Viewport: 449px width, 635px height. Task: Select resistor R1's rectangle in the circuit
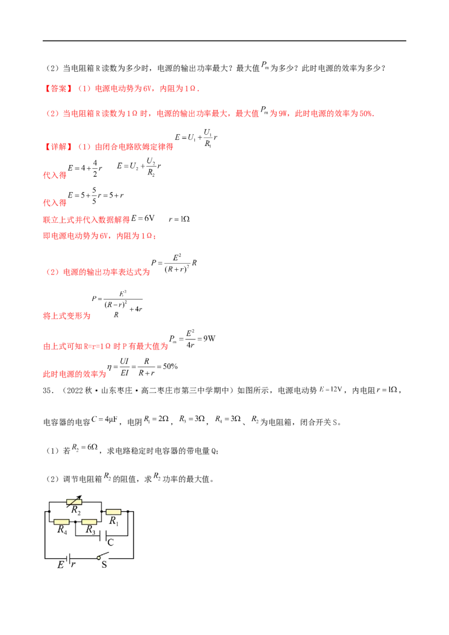pyautogui.click(x=113, y=512)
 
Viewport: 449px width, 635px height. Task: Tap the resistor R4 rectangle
pyautogui.click(x=61, y=522)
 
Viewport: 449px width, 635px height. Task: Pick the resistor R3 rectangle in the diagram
pyautogui.click(x=89, y=522)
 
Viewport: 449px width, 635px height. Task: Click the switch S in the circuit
pyautogui.click(x=103, y=556)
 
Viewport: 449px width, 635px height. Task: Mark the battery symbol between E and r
pyautogui.click(x=67, y=559)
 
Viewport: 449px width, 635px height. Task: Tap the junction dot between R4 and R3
pyautogui.click(x=75, y=522)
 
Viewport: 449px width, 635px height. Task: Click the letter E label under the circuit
pyautogui.click(x=61, y=565)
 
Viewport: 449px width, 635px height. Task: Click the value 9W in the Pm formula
pyautogui.click(x=209, y=339)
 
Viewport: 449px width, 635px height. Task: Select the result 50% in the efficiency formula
pyautogui.click(x=170, y=366)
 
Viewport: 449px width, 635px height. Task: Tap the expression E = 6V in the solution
pyautogui.click(x=143, y=218)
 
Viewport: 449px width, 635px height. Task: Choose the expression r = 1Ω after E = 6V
pyautogui.click(x=179, y=219)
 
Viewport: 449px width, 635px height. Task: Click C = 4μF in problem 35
pyautogui.click(x=104, y=420)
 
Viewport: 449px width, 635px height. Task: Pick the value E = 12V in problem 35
pyautogui.click(x=331, y=390)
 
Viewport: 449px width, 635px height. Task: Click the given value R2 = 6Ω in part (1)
pyautogui.click(x=85, y=448)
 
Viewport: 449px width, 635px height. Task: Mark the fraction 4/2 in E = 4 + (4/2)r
pyautogui.click(x=95, y=168)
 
